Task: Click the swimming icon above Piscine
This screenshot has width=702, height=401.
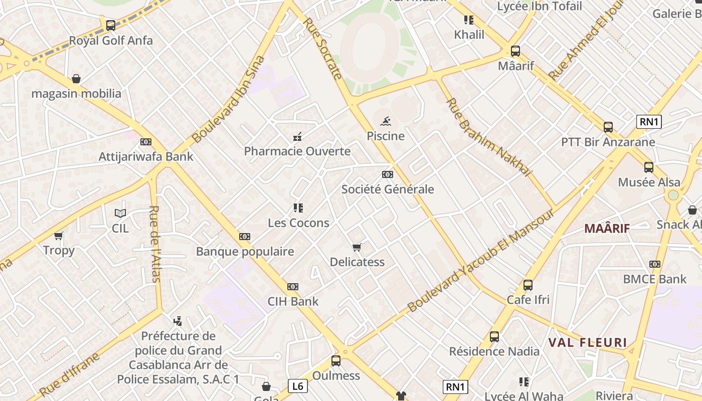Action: [386, 121]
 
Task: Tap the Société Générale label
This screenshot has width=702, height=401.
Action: [388, 189]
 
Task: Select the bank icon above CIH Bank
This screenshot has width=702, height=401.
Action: [293, 287]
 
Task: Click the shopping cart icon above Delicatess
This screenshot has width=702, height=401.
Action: [357, 247]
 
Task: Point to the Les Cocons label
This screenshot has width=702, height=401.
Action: [298, 223]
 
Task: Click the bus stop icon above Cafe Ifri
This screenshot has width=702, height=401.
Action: [528, 285]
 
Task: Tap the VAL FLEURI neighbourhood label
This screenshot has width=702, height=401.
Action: [588, 343]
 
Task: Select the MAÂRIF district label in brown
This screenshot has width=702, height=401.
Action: [607, 229]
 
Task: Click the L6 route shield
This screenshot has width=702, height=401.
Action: [298, 386]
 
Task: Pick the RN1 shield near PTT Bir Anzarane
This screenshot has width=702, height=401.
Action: [649, 121]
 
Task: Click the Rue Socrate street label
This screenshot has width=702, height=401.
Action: [323, 49]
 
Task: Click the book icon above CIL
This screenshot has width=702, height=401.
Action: [120, 214]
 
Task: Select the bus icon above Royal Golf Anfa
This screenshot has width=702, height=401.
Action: [111, 25]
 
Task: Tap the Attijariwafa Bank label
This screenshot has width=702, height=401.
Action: [146, 156]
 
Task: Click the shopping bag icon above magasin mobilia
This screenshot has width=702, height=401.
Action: [76, 79]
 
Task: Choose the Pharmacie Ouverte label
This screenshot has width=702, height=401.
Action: [297, 151]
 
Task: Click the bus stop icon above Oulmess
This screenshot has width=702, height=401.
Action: [336, 361]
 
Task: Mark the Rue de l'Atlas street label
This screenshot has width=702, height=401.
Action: [155, 244]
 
